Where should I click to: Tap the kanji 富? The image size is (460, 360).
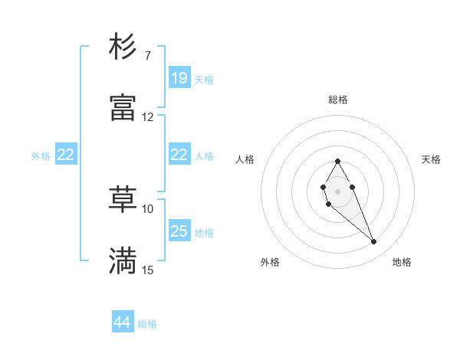(x=123, y=107)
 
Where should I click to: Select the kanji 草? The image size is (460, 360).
(x=123, y=199)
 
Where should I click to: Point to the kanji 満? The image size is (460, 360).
(x=123, y=260)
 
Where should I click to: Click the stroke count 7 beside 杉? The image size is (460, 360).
(x=147, y=55)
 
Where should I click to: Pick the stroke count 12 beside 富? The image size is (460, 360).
(x=148, y=117)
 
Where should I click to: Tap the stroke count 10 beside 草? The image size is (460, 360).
(x=148, y=208)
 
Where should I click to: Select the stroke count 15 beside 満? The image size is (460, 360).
(x=148, y=270)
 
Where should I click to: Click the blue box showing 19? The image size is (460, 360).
(x=179, y=78)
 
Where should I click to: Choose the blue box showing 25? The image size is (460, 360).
(x=179, y=231)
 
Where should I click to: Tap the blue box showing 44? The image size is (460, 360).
(x=123, y=322)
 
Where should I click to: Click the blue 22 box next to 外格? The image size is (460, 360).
(x=66, y=155)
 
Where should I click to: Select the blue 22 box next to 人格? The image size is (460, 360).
(x=179, y=155)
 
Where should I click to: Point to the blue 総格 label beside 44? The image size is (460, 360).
(x=147, y=324)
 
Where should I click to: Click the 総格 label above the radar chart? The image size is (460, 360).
(x=337, y=100)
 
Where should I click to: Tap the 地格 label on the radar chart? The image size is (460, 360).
(x=402, y=263)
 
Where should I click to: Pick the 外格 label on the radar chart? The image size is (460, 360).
(x=270, y=263)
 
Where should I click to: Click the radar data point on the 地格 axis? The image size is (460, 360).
(x=374, y=242)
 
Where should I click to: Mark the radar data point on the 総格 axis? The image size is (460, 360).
(x=337, y=161)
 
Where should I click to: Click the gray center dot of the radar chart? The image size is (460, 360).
(x=337, y=190)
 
